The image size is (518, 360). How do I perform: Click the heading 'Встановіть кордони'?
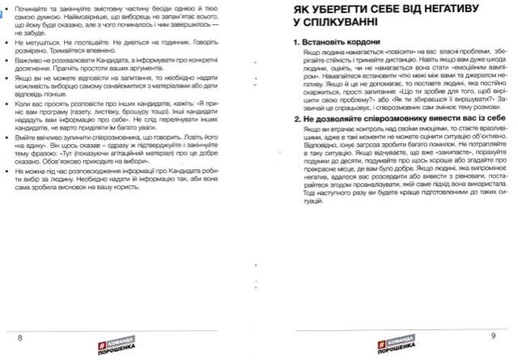pyautogui.click(x=340, y=41)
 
